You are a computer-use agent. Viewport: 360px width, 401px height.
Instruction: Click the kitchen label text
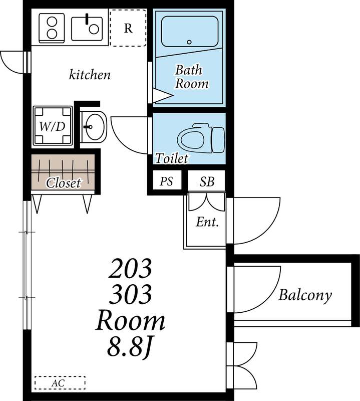pos(90,75)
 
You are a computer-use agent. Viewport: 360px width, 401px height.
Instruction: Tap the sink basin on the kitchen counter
pos(87,28)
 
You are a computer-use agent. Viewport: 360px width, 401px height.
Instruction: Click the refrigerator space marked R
pos(128,28)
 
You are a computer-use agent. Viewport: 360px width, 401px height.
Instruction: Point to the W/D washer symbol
pos(52,126)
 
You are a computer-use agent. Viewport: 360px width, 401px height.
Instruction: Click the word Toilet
pos(171,159)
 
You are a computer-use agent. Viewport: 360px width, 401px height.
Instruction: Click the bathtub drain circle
pos(189,43)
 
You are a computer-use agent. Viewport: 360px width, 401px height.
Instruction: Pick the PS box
pos(167,181)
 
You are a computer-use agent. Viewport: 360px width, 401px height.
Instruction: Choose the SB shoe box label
pos(207,181)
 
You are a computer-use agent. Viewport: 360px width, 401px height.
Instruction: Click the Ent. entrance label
pos(207,222)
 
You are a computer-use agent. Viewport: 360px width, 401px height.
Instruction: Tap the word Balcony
pos(305,295)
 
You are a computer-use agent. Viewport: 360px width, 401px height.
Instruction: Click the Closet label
pos(64,183)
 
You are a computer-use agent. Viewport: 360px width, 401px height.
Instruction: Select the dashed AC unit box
pos(60,383)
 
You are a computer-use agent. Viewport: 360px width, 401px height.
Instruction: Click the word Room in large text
pos(130,322)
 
